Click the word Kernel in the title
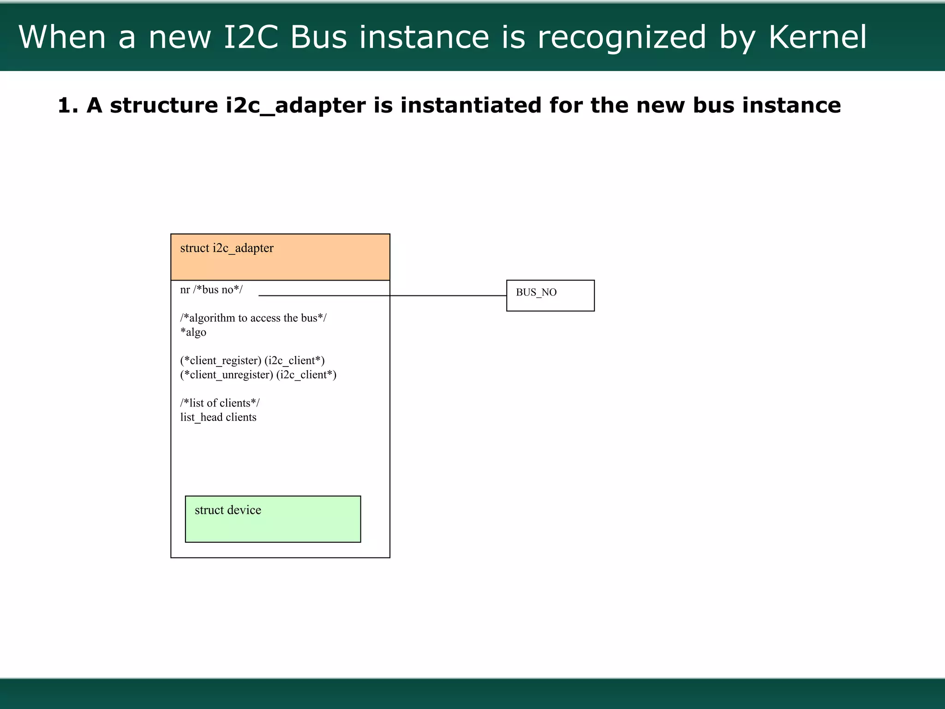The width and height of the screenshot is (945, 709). click(x=818, y=37)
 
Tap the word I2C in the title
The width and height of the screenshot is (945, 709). click(x=251, y=37)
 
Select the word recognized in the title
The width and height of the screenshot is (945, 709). click(x=622, y=37)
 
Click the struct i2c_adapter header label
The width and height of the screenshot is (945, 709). click(x=227, y=248)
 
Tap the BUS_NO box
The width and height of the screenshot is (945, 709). click(x=550, y=295)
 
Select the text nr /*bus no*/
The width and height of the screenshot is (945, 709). click(x=211, y=290)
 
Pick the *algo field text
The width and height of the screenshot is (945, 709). click(x=193, y=332)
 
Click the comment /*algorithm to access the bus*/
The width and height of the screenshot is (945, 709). click(x=253, y=318)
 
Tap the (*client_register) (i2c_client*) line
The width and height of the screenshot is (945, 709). click(x=252, y=361)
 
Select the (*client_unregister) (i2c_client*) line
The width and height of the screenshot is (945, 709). click(x=258, y=375)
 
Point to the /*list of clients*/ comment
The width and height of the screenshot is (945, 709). click(x=220, y=403)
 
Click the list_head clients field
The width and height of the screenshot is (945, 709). click(x=218, y=417)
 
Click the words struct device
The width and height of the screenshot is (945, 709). click(x=227, y=510)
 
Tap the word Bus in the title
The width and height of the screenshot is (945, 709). click(x=318, y=37)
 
